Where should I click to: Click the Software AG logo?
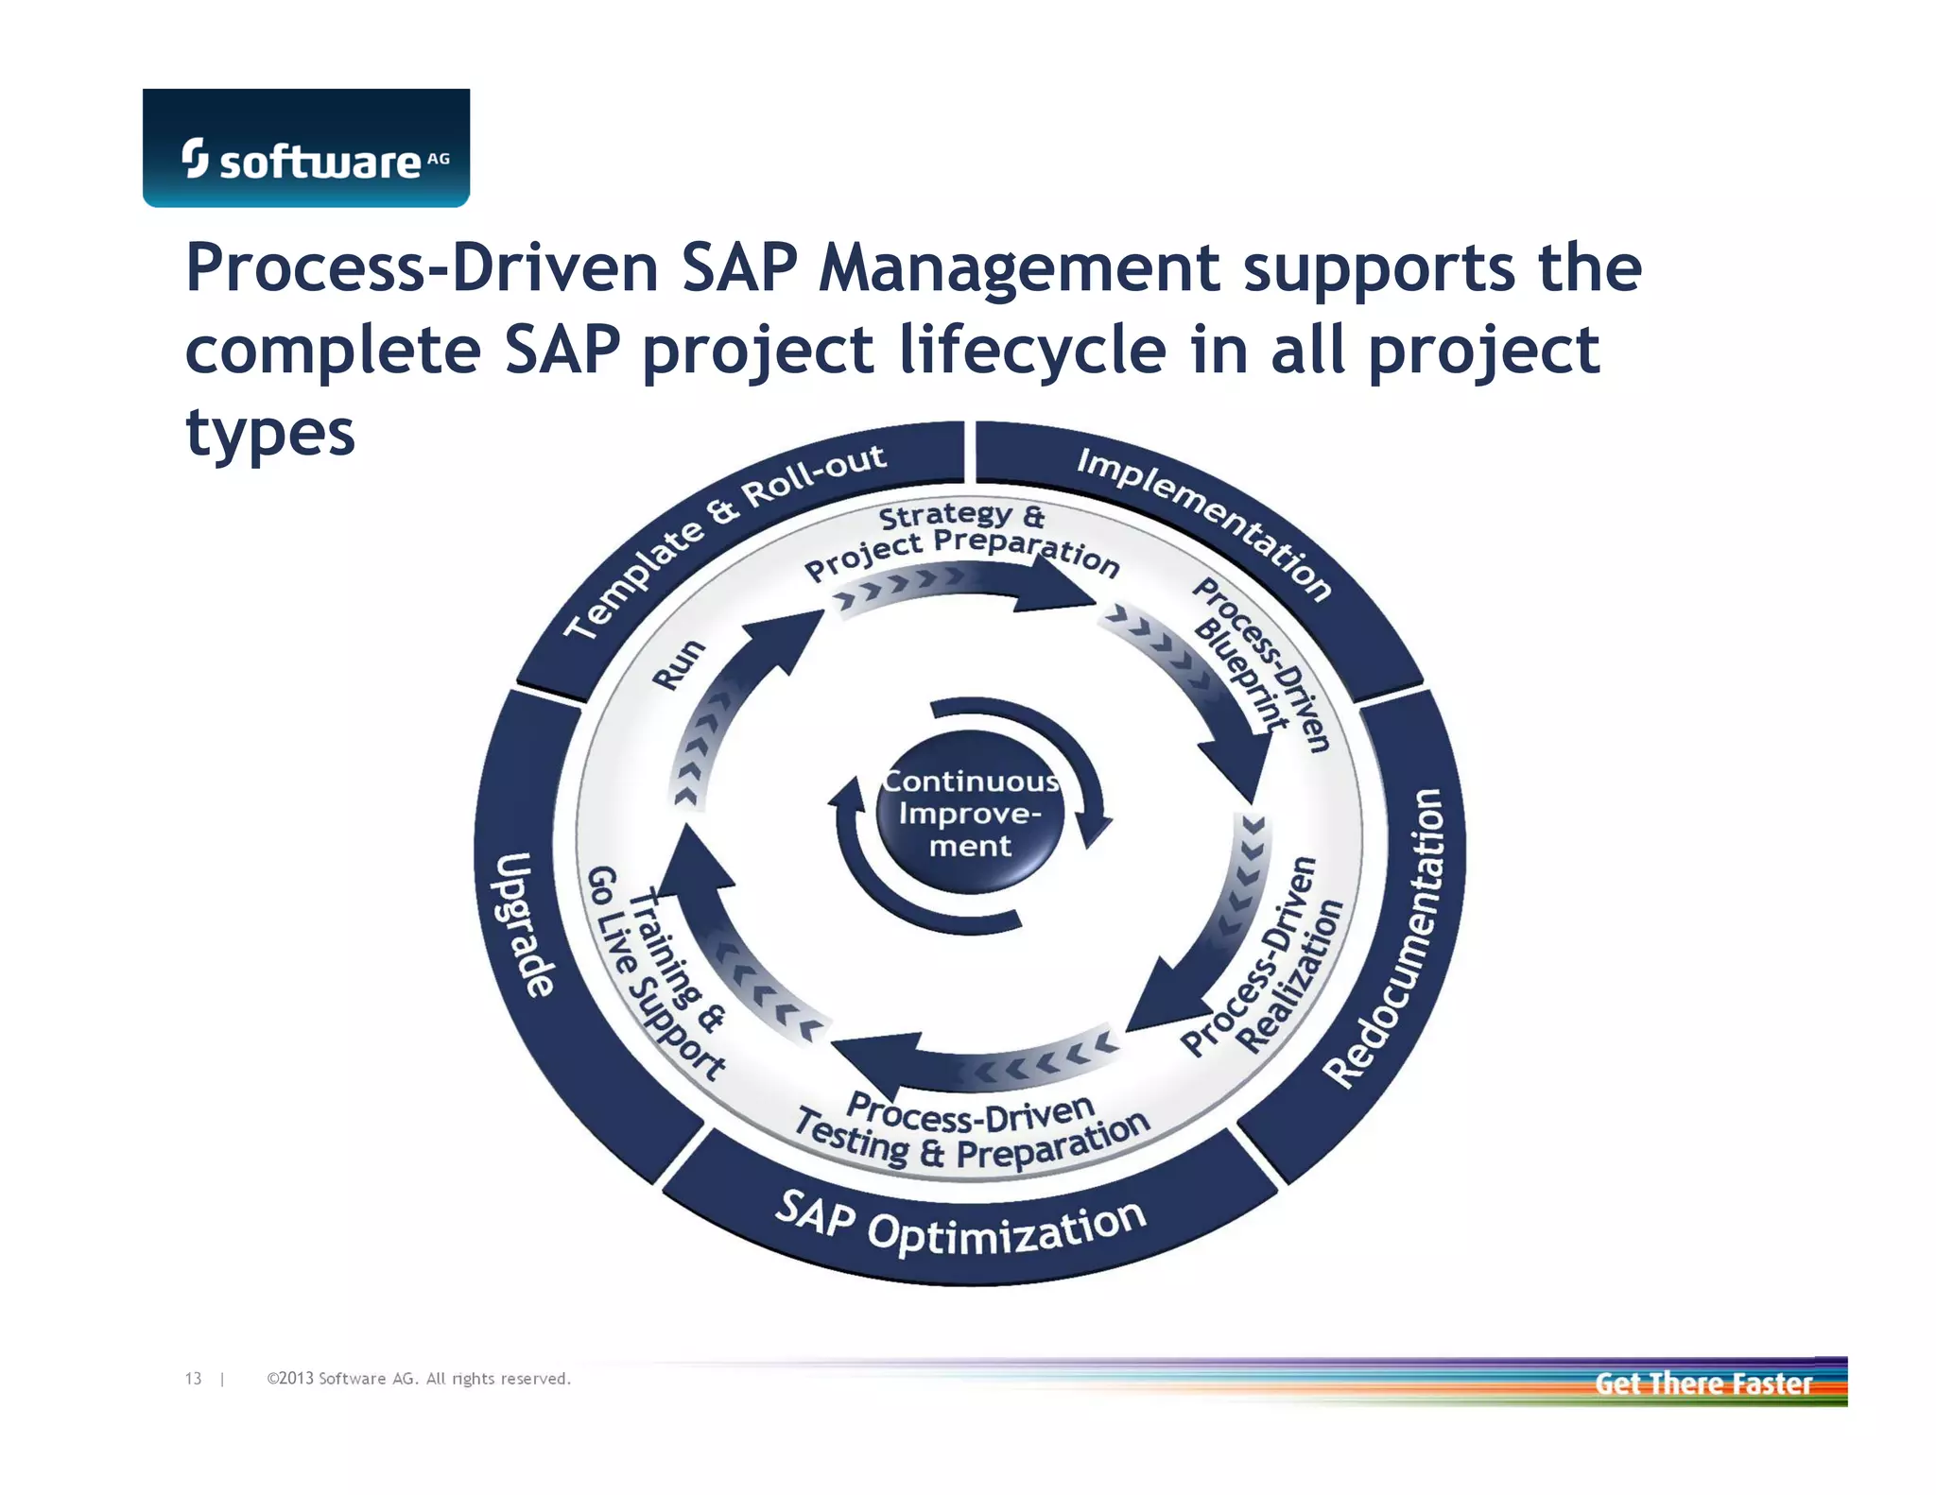pos(306,149)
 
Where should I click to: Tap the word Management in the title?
pos(1019,269)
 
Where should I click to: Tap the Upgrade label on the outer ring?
pos(525,924)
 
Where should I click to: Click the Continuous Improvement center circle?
pos(970,813)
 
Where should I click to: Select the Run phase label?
pos(679,664)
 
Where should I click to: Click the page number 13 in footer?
pos(193,1379)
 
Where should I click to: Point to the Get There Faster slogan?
pos(1703,1383)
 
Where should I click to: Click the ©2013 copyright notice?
pos(419,1379)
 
